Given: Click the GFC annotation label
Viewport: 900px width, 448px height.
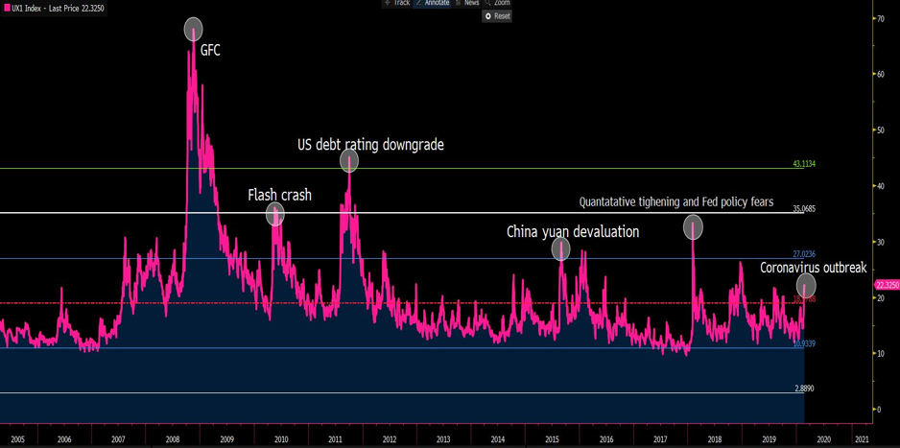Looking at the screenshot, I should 210,50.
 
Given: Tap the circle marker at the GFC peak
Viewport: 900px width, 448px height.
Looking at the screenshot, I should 193,30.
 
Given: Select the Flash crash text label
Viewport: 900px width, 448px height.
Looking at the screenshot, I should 279,195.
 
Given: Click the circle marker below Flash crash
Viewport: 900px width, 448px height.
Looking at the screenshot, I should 275,215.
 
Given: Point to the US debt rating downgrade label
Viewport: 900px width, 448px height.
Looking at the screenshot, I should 370,145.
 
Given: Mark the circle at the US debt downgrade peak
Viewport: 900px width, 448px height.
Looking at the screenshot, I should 349,161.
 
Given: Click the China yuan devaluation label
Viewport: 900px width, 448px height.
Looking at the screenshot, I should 572,232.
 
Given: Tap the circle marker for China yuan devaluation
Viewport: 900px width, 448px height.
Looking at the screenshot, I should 561,249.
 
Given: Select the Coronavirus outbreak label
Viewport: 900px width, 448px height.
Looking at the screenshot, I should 813,268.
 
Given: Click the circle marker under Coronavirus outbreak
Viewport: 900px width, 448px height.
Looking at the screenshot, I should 806,285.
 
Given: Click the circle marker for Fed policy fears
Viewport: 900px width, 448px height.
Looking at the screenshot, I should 693,227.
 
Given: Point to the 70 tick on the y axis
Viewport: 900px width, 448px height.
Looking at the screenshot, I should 879,19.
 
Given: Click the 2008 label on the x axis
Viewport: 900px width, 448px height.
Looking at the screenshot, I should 173,438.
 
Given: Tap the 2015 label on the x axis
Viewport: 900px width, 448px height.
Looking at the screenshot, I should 552,438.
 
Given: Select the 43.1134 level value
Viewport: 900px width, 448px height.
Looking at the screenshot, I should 803,164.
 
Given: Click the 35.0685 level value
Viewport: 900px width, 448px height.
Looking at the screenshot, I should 803,208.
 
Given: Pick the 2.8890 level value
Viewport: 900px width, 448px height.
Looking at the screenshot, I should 804,389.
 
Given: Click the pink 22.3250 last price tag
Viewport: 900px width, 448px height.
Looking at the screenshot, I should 887,285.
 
